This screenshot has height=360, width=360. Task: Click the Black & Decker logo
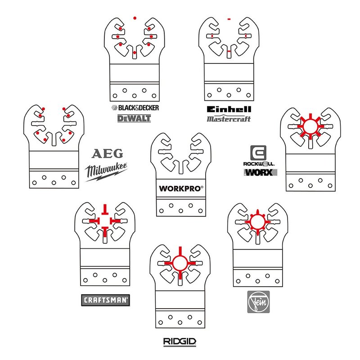[135, 108]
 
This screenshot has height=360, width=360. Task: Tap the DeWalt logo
[134, 118]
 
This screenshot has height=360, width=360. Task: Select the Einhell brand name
[229, 109]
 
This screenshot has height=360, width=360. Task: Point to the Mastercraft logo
[229, 119]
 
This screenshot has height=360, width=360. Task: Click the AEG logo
[107, 153]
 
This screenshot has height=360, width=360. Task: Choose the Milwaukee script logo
[106, 172]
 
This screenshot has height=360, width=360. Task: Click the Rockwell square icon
[258, 153]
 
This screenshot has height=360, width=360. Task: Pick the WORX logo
[261, 172]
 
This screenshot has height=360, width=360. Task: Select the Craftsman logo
[106, 300]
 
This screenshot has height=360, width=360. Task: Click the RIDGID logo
[180, 342]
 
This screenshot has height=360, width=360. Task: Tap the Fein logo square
[258, 301]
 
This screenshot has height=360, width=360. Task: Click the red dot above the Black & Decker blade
[135, 18]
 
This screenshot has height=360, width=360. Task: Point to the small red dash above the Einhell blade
[229, 19]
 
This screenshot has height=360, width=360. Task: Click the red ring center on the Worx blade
[310, 126]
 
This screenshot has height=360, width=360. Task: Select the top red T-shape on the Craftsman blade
[105, 209]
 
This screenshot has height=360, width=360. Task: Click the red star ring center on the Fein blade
[257, 222]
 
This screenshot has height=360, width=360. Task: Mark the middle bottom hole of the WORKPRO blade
[181, 211]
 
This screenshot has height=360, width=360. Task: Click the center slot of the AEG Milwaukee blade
[54, 139]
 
